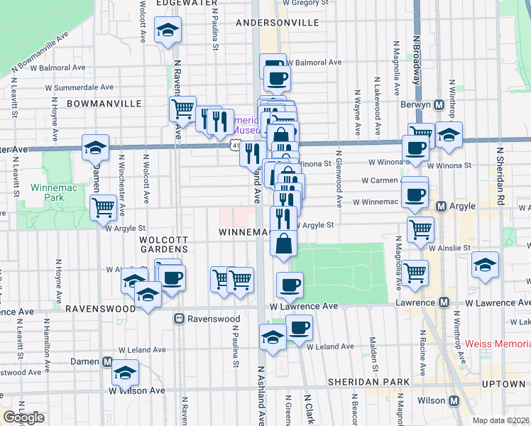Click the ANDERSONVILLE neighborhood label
(x=278, y=23)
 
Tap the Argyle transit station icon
(x=442, y=207)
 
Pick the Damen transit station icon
(x=107, y=361)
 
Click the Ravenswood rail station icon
(x=180, y=319)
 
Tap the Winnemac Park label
(x=48, y=193)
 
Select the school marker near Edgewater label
(x=168, y=31)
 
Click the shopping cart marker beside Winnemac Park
(x=104, y=207)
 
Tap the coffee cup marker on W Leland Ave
(x=299, y=327)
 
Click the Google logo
(x=24, y=417)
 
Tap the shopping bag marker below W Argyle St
(x=283, y=244)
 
